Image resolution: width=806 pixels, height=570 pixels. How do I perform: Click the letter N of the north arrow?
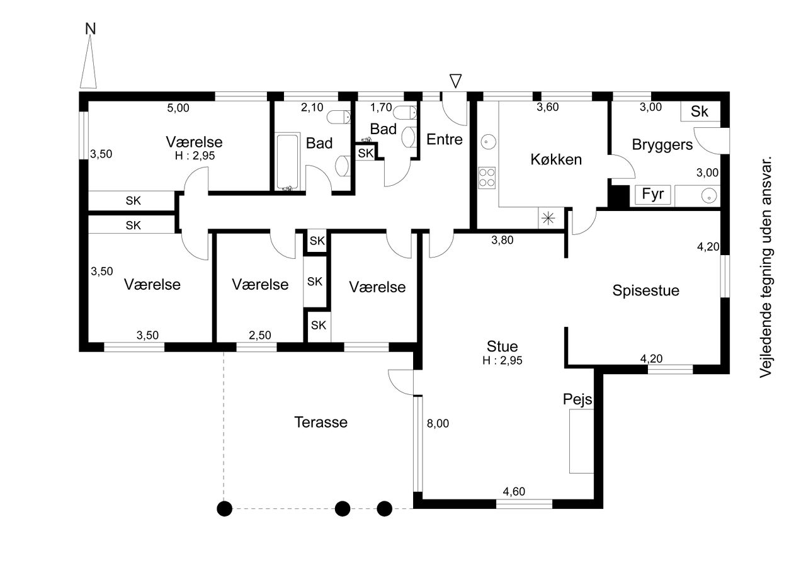pyautogui.click(x=90, y=29)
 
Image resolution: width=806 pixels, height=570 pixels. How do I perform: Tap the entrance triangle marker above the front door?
pyautogui.click(x=455, y=81)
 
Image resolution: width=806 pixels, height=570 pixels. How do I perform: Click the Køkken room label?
pyautogui.click(x=556, y=159)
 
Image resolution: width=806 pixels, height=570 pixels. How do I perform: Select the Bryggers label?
pyautogui.click(x=662, y=145)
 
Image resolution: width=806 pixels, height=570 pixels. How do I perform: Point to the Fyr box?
pyautogui.click(x=653, y=195)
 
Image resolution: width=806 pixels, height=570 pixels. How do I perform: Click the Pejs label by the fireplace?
pyautogui.click(x=577, y=399)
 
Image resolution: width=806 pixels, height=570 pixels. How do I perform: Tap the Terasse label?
pyautogui.click(x=321, y=422)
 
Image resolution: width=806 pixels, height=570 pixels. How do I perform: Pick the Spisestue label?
pyautogui.click(x=646, y=291)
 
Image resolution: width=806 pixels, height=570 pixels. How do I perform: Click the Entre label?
pyautogui.click(x=445, y=139)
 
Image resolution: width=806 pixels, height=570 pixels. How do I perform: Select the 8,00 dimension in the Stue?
pyautogui.click(x=438, y=423)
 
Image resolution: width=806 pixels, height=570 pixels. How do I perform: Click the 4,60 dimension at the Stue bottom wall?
pyautogui.click(x=514, y=491)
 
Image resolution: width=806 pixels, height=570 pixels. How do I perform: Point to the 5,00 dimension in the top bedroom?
pyautogui.click(x=178, y=108)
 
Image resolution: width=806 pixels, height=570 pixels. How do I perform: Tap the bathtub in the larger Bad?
pyautogui.click(x=288, y=161)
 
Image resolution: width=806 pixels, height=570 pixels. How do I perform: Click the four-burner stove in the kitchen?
pyautogui.click(x=487, y=178)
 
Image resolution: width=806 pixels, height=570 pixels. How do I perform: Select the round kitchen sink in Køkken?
pyautogui.click(x=488, y=142)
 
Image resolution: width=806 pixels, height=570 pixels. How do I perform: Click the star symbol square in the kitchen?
pyautogui.click(x=548, y=218)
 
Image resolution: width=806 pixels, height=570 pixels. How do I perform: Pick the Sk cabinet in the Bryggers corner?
pyautogui.click(x=700, y=111)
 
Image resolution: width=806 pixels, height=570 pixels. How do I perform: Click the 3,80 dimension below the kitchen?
pyautogui.click(x=502, y=241)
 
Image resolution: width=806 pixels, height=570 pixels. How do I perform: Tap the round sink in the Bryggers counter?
pyautogui.click(x=709, y=196)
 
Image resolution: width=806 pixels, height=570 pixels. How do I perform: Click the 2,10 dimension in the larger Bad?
pyautogui.click(x=312, y=108)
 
